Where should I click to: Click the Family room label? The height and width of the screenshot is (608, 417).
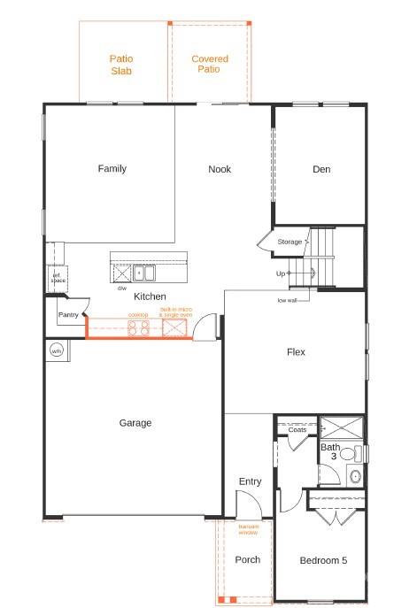click(112, 169)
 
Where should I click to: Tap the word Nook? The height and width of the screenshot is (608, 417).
click(220, 169)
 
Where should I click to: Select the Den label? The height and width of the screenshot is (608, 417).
click(321, 169)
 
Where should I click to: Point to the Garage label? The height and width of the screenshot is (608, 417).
click(135, 423)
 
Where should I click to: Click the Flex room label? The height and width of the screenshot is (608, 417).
click(296, 352)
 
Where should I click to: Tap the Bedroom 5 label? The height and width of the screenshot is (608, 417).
click(323, 560)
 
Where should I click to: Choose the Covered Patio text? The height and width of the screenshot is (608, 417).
click(210, 64)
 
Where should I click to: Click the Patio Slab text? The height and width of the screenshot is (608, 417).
click(121, 65)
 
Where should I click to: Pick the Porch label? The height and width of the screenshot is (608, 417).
click(247, 559)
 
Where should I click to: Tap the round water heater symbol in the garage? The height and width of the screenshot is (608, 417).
click(57, 350)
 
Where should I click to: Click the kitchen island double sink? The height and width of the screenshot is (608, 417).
click(144, 273)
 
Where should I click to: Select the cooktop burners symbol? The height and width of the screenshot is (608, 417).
click(138, 328)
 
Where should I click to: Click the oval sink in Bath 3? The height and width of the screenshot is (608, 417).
click(356, 476)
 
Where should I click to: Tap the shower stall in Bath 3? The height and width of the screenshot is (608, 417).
click(342, 427)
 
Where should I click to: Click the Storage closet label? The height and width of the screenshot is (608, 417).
click(290, 242)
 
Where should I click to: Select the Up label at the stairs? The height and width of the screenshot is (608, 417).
click(281, 273)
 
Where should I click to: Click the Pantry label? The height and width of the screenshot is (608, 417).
click(68, 314)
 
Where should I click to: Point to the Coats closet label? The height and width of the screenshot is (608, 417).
click(297, 430)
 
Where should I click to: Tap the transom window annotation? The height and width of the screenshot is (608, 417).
click(249, 529)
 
